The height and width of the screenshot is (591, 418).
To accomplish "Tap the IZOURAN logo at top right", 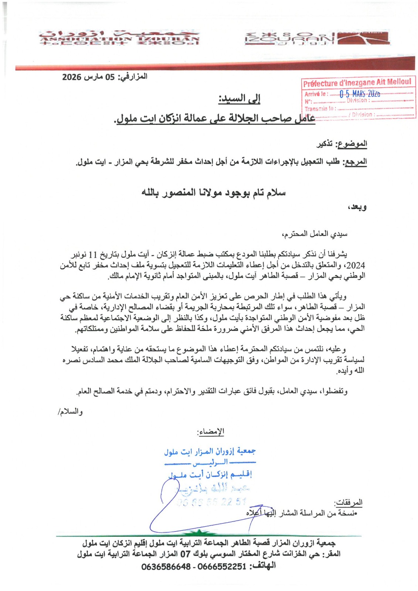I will (317, 38).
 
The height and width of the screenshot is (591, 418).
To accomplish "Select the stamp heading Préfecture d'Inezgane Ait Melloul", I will (357, 83).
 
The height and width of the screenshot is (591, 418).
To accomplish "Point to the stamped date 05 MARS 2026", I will (360, 94).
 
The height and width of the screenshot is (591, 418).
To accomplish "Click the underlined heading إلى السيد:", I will (239, 99).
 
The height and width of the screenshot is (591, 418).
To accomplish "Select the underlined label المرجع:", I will (355, 162).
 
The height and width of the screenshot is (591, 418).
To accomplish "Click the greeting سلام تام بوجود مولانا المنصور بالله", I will (214, 193).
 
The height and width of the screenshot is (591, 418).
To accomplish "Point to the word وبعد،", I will (357, 207).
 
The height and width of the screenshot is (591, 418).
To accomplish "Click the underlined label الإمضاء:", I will (211, 431).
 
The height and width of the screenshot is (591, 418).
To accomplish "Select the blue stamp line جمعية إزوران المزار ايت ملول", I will (210, 451).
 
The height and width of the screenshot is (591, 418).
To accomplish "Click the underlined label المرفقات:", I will (348, 502).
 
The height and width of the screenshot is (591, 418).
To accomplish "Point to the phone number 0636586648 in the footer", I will (166, 566).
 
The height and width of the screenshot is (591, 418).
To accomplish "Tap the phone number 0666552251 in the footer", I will (222, 566).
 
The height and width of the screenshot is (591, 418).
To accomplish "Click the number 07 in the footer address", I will (185, 554).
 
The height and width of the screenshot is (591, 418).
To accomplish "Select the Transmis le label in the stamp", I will (319, 109).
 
